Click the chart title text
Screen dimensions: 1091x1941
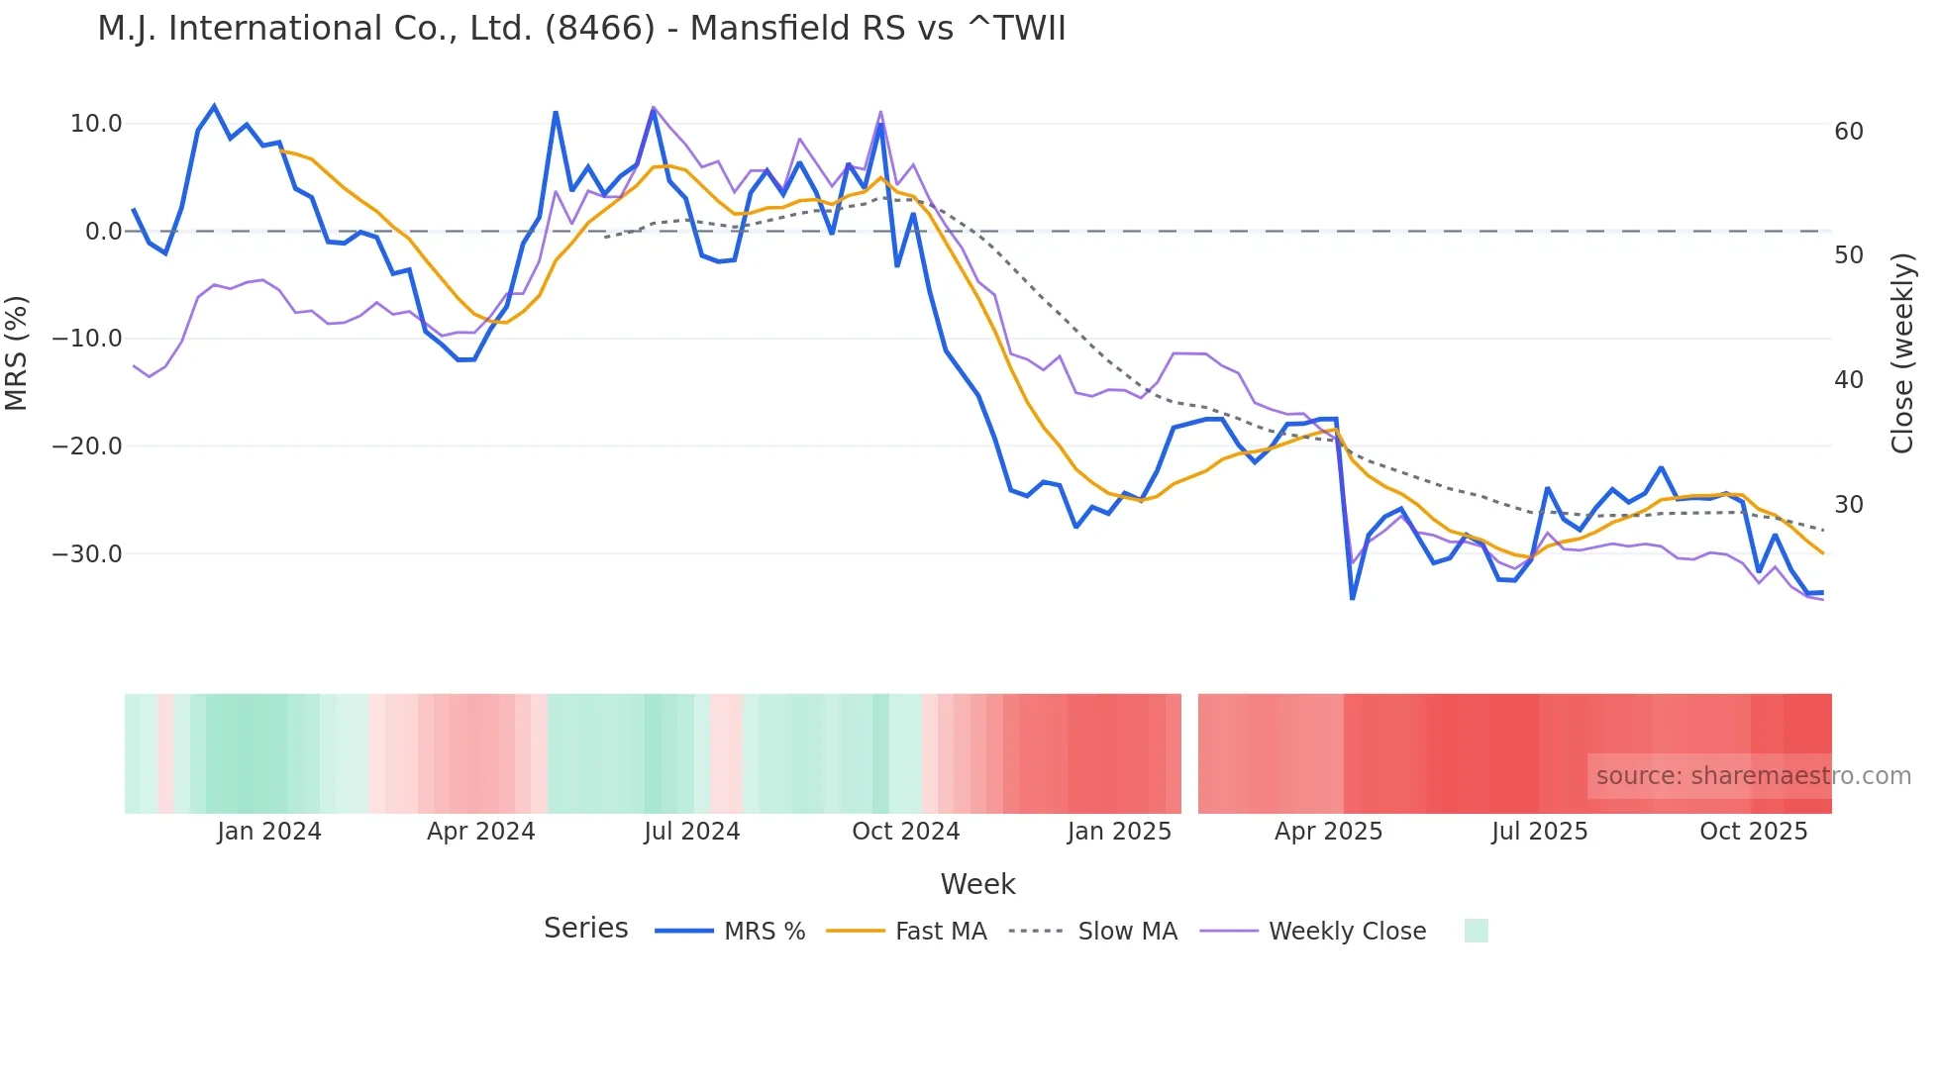click(581, 29)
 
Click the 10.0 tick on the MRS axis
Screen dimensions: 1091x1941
click(95, 124)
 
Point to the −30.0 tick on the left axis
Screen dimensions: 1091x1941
click(87, 554)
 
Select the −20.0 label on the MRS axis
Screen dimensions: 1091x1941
click(87, 446)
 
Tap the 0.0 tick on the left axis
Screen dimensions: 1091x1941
click(103, 232)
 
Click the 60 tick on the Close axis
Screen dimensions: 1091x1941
click(1849, 132)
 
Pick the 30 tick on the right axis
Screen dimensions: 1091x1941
click(1849, 505)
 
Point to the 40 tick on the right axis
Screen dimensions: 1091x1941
click(1849, 380)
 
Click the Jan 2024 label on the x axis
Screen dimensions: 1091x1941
click(269, 832)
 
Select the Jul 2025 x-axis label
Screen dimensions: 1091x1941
click(1540, 832)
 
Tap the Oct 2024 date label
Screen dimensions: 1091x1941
click(906, 832)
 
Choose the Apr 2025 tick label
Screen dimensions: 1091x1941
click(1328, 832)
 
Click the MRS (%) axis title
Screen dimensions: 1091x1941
click(17, 352)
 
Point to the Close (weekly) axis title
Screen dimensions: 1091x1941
click(1902, 353)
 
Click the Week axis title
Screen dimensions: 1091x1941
click(977, 884)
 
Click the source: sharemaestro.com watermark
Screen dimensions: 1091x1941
click(1753, 776)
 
